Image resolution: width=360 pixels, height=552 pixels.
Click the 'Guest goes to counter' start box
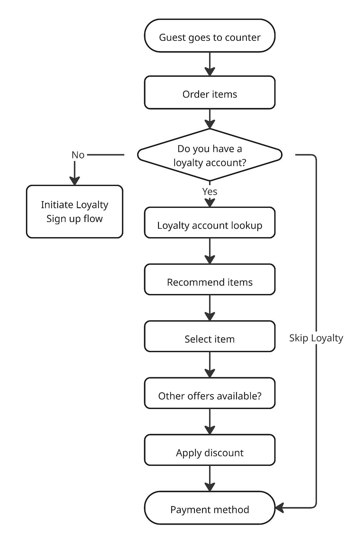coord(210,36)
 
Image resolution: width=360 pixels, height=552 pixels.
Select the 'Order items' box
coord(210,93)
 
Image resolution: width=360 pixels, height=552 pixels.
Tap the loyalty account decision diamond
coord(210,155)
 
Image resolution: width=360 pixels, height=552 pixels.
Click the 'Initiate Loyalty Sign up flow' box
coord(75,211)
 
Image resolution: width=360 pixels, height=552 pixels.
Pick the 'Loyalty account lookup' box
coord(210,223)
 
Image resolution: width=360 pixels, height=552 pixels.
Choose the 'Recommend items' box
coord(210,280)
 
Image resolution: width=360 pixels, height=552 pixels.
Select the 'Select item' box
coord(210,336)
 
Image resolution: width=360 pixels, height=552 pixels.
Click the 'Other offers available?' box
coord(210,393)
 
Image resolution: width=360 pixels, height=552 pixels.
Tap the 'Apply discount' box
coord(210,450)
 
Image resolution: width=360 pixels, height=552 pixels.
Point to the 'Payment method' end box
coord(210,508)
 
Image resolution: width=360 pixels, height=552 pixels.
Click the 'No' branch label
coord(78,155)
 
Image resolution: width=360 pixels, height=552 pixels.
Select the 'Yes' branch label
coord(210,191)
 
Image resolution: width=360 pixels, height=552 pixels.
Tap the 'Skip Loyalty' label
coord(316,338)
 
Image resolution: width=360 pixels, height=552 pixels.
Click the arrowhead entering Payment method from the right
coord(279,508)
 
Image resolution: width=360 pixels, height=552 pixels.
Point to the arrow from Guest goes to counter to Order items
coord(210,64)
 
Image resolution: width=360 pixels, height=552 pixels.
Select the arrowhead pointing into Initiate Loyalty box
coord(75,181)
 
